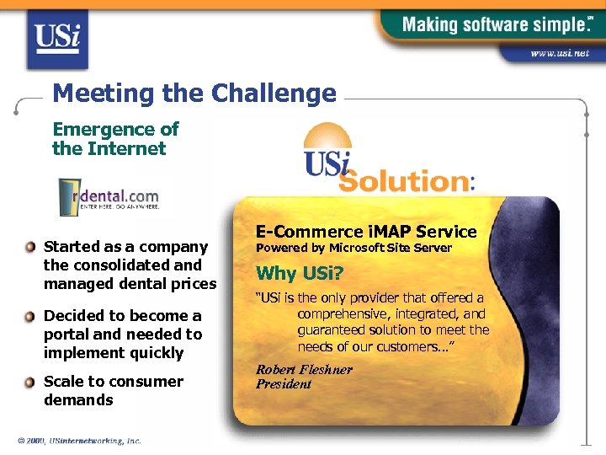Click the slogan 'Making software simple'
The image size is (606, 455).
point(492,24)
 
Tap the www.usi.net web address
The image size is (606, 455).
point(559,53)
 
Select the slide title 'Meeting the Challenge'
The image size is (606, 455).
point(194,93)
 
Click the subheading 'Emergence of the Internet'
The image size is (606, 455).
point(115,139)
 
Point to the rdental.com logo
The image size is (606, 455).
point(109,196)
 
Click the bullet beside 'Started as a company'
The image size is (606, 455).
point(30,248)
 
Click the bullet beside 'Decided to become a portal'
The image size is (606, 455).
point(30,317)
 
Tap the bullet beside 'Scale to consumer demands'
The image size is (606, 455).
point(30,383)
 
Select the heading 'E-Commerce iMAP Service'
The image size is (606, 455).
point(366,232)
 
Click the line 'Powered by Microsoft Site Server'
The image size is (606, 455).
point(353,248)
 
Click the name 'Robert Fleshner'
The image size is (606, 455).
point(304,370)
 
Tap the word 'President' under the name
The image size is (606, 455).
point(284,384)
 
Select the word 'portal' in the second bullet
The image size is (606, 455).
point(69,335)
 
